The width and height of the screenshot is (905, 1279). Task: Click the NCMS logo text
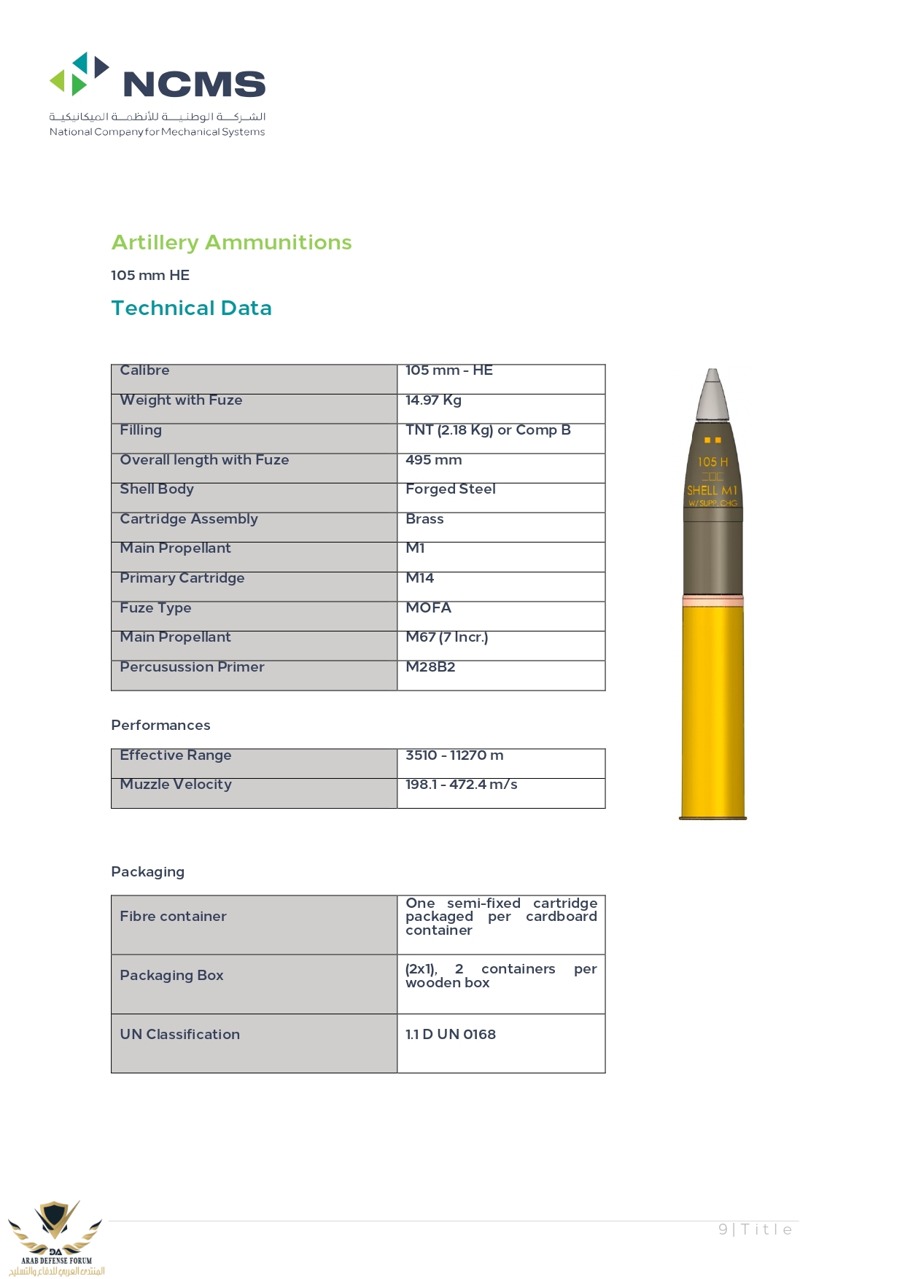(194, 84)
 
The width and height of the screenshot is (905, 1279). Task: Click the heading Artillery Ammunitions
(231, 242)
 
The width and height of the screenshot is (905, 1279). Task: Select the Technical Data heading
(191, 308)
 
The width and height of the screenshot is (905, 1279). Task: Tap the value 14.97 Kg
(433, 400)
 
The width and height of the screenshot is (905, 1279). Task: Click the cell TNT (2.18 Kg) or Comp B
(488, 430)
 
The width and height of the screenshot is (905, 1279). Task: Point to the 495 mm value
(433, 460)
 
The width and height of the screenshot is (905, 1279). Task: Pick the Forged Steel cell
(450, 489)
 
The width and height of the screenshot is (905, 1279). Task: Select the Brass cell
(424, 519)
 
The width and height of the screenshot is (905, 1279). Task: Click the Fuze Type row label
(155, 608)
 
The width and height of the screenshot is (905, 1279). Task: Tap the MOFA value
(428, 608)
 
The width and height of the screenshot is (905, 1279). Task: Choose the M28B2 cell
(430, 667)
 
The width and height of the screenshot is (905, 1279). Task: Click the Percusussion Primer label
(192, 667)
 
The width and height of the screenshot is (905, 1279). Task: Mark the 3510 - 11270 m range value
(454, 755)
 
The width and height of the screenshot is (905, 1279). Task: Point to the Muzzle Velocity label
(176, 785)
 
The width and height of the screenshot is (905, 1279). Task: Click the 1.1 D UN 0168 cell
(450, 1035)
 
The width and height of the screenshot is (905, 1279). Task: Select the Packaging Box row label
(171, 976)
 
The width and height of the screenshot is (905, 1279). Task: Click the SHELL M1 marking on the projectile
(712, 490)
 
